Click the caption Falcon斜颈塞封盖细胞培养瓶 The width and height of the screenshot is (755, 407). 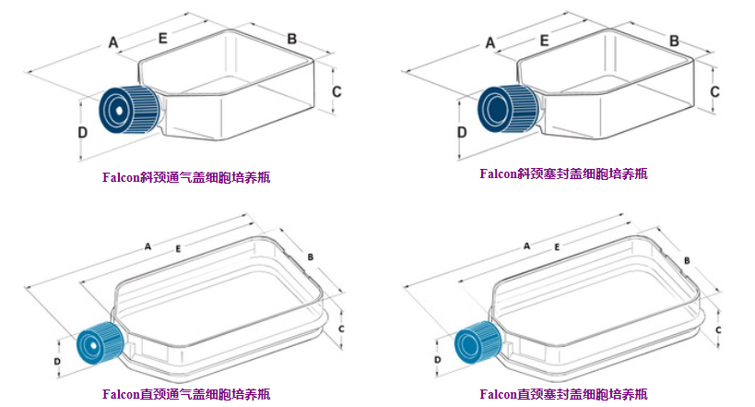click(562, 173)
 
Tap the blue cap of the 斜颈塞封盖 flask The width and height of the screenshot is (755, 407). click(506, 107)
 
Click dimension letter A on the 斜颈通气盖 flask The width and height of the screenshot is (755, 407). click(113, 42)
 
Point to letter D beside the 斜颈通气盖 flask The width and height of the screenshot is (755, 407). click(83, 132)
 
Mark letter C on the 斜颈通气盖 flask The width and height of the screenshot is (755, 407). click(336, 91)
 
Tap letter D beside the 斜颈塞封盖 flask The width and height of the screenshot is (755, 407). click(461, 131)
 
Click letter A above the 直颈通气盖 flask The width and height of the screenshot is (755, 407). click(147, 245)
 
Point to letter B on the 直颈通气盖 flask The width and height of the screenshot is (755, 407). click(311, 256)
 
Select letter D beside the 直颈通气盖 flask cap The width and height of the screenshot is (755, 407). click(57, 361)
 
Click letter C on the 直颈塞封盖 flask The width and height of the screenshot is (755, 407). click(717, 329)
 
